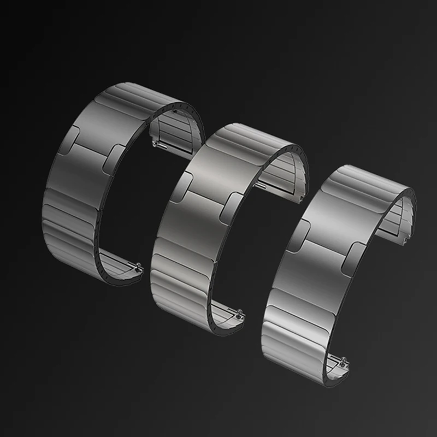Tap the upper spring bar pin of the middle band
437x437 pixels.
tap(261, 186)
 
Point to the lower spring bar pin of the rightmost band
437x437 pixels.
tap(342, 363)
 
